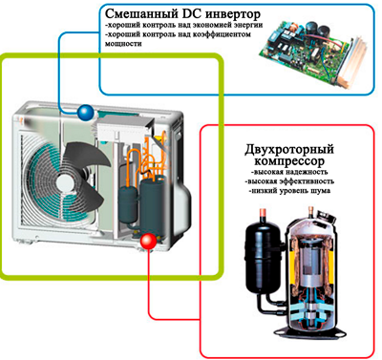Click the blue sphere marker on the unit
point(86,112)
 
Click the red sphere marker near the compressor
point(148,242)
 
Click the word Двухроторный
point(289,149)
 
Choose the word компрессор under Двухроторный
point(289,161)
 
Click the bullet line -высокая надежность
point(289,172)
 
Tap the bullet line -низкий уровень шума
point(289,191)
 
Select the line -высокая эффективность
point(289,181)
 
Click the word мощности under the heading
point(123,44)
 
